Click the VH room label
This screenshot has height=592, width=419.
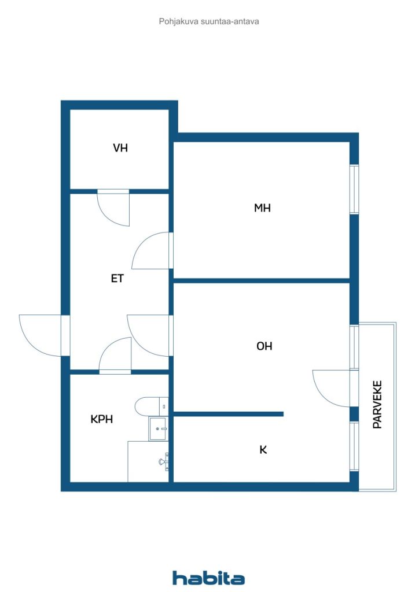point(120,148)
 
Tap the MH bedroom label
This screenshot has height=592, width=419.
point(262,208)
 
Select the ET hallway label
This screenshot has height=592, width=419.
point(117,278)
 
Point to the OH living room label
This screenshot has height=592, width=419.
point(264,346)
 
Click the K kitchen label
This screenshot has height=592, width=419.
point(263,449)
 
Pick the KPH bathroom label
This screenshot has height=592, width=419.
point(101,419)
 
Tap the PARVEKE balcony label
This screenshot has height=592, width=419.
point(378,404)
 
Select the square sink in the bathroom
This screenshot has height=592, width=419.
point(159,429)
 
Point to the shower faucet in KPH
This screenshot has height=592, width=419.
point(163,461)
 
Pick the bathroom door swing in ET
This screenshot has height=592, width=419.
point(116,354)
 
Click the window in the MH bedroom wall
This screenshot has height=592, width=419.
point(354,190)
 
